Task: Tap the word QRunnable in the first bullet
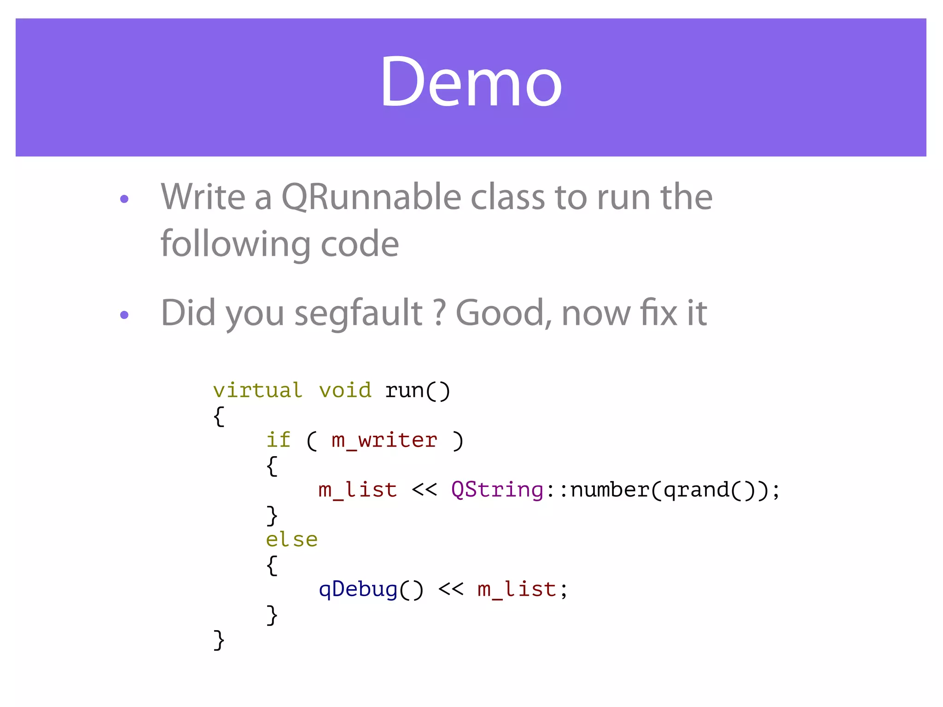pyautogui.click(x=371, y=197)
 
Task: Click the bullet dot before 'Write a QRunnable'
pyautogui.click(x=124, y=199)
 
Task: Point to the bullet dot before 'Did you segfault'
pyautogui.click(x=124, y=315)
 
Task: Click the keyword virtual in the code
pyautogui.click(x=257, y=390)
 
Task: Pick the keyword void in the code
pyautogui.click(x=345, y=390)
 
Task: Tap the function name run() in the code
pyautogui.click(x=417, y=390)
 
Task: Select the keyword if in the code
pyautogui.click(x=279, y=440)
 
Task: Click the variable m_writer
pyautogui.click(x=384, y=440)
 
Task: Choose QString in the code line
pyautogui.click(x=497, y=490)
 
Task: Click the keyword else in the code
pyautogui.click(x=292, y=539)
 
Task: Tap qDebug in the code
pyautogui.click(x=358, y=589)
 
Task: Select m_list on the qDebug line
pyautogui.click(x=517, y=589)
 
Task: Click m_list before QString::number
pyautogui.click(x=358, y=490)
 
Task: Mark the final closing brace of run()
pyautogui.click(x=219, y=640)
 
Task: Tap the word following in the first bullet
pyautogui.click(x=235, y=244)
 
